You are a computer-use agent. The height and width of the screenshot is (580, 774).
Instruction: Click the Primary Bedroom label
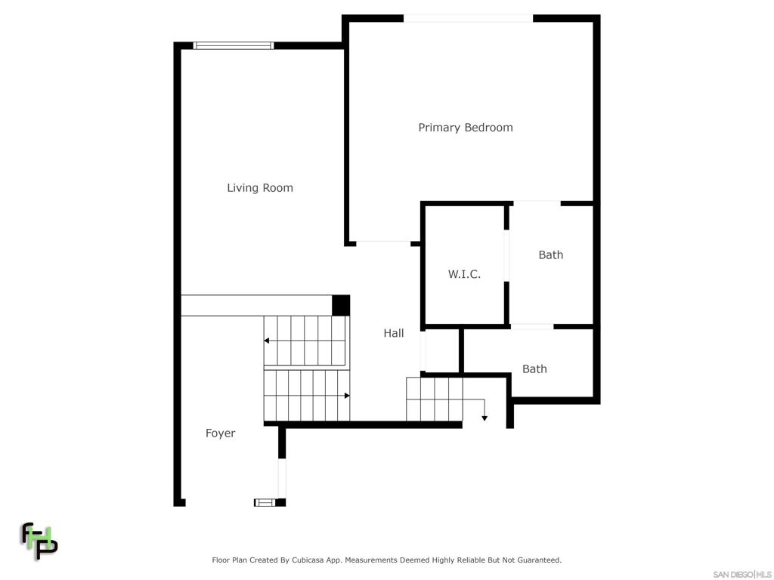pos(466,128)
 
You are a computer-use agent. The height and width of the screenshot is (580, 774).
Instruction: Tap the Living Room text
pos(260,188)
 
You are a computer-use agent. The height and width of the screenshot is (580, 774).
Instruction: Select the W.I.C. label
pos(464,274)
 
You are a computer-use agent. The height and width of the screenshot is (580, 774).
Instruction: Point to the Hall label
pos(393,333)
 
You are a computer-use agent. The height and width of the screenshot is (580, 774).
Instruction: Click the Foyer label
pos(220,433)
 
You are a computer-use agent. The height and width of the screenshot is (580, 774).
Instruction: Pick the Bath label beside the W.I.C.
pos(550,255)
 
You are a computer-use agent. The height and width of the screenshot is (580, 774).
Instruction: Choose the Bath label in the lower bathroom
pos(534,369)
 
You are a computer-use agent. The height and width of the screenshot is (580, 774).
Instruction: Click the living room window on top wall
pos(234,46)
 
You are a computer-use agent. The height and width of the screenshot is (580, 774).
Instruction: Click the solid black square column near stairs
pos(341,305)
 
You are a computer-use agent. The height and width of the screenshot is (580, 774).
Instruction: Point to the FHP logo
pos(39,541)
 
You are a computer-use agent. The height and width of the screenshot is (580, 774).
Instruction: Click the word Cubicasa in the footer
pos(308,560)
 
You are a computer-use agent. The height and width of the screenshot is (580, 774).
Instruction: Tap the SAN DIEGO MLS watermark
pos(742,575)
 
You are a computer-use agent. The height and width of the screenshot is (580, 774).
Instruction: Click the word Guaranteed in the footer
pos(537,560)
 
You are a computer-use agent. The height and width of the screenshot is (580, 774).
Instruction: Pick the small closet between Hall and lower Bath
pos(442,351)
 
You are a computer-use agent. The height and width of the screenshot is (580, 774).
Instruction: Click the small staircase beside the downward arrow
pos(435,400)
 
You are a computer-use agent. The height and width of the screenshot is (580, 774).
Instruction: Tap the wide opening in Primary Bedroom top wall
pos(468,19)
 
